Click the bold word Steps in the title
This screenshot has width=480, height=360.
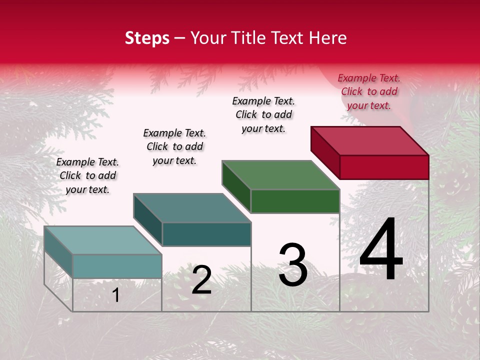point(147,38)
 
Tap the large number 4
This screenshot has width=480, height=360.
point(381,250)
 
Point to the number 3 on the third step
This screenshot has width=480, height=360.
point(293,265)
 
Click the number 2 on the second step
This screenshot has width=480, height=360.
point(201,280)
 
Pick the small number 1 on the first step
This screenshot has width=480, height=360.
point(116,295)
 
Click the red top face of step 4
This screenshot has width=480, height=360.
point(370,140)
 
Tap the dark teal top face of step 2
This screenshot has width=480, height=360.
point(192,207)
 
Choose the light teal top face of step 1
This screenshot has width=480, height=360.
point(103,240)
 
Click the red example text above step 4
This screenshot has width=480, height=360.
point(369,91)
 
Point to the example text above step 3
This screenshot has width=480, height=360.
point(263,114)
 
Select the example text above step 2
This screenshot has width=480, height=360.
point(174,146)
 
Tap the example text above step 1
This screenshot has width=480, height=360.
point(87,175)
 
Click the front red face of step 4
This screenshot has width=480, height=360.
point(384,167)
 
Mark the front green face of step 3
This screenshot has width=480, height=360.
point(295,201)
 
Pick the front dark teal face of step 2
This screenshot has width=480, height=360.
point(206,234)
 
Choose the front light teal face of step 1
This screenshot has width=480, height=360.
point(117,266)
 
